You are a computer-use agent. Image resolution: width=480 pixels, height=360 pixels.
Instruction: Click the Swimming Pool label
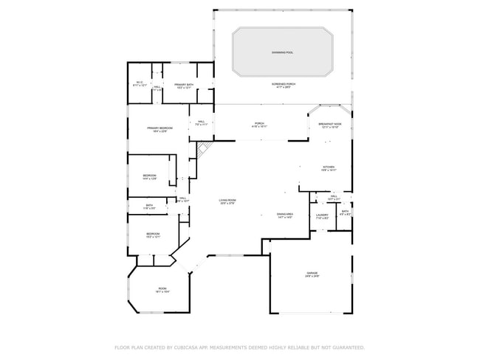[281, 53]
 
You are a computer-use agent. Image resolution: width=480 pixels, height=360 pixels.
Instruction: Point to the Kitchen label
[329, 168]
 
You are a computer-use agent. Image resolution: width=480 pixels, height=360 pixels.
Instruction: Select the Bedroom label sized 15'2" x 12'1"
[153, 235]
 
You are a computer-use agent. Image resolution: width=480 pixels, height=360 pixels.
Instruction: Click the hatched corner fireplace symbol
[205, 150]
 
